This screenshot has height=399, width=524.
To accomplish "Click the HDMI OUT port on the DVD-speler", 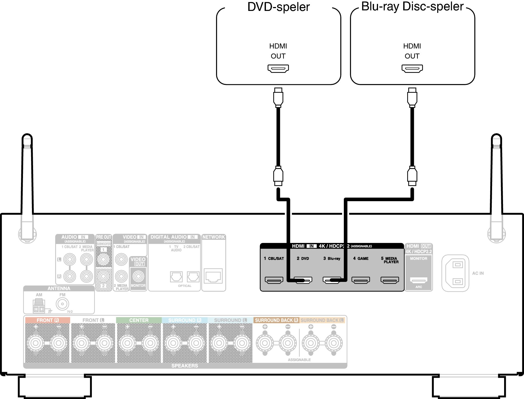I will coord(278,68).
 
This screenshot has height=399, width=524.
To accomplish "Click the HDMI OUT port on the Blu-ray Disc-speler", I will coord(412,68).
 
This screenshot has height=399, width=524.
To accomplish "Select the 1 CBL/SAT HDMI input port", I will coord(274,280).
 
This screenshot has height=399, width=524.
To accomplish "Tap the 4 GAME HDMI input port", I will coord(361,280).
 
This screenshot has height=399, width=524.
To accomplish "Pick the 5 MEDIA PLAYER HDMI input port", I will coord(389,280).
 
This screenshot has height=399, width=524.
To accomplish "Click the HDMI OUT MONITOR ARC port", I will coord(419,280).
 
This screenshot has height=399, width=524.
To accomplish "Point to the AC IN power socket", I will coord(455,273).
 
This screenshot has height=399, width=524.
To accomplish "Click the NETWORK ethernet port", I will coord(213,276).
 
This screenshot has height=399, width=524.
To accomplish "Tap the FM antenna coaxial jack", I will coord(62,304).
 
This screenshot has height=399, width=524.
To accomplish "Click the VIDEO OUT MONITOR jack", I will coord(138,276).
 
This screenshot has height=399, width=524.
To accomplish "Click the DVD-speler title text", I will coord(279,7).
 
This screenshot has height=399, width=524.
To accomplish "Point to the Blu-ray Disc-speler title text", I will coord(412,6).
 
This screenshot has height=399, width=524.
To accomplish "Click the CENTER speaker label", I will coord(139,320).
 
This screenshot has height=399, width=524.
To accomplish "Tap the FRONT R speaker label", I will coord(47,320).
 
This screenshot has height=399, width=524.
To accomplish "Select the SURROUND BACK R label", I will coord(276,320).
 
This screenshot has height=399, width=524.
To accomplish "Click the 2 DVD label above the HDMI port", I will coord(303,258).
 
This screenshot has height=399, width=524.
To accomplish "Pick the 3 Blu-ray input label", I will coord(332,258).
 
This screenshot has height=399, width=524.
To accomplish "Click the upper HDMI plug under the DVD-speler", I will coord(278,98).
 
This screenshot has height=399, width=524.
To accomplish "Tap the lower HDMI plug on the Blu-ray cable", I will coord(412,176).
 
